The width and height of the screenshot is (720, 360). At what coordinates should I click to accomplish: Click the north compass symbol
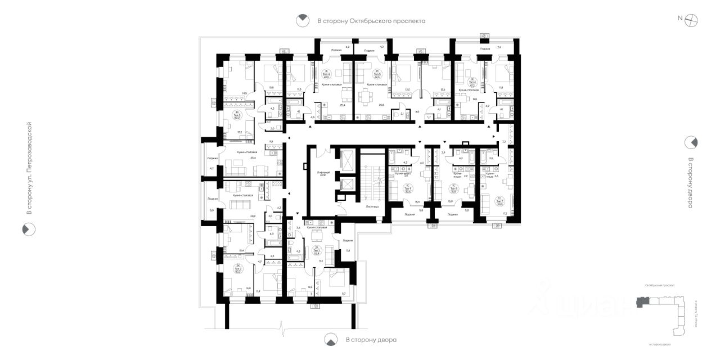[691, 19]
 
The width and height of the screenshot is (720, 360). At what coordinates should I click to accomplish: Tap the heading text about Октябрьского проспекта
[371, 21]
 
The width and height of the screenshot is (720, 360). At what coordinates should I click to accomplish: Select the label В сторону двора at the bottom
[371, 340]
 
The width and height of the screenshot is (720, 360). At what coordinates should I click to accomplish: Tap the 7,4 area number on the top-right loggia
[499, 48]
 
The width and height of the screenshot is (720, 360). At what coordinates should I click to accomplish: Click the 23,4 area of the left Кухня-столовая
[253, 158]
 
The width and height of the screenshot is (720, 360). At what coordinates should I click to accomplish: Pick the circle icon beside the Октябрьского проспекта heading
[303, 21]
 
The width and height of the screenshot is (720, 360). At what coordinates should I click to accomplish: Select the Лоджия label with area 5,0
[211, 199]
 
